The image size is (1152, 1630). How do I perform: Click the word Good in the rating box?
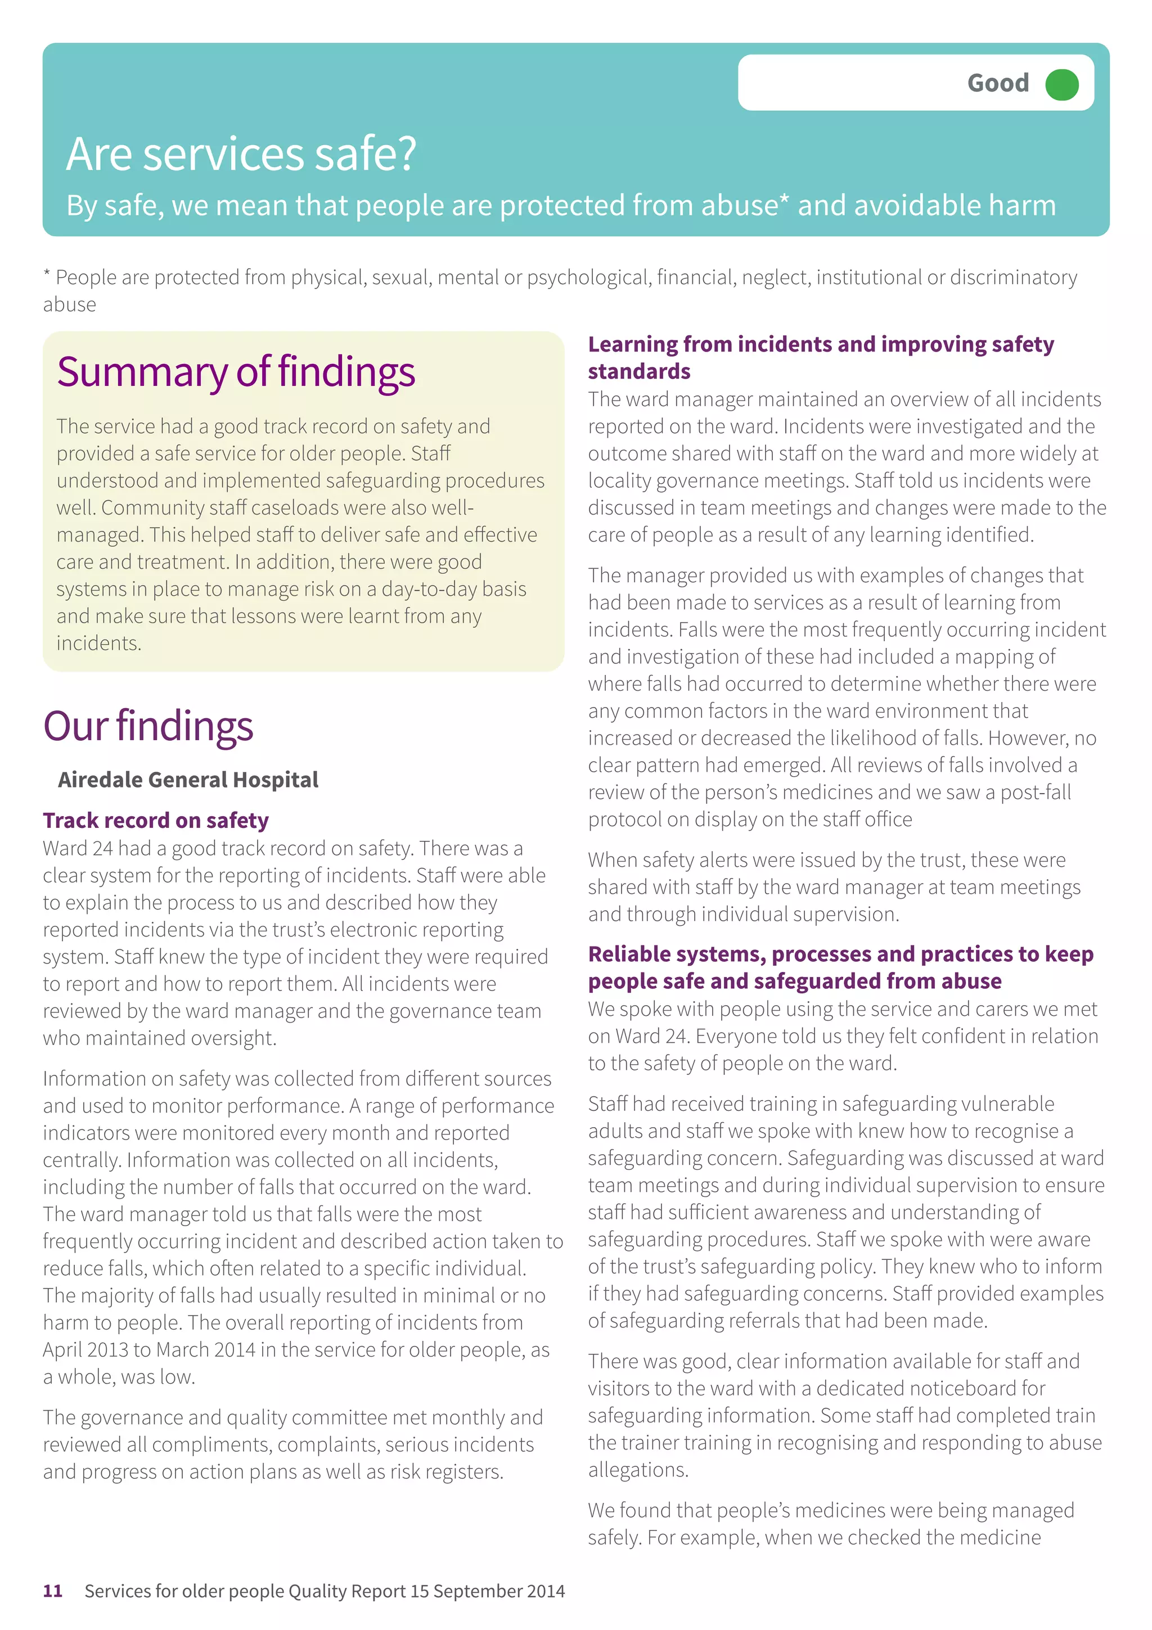point(997,83)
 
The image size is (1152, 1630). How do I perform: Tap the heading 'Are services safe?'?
point(241,154)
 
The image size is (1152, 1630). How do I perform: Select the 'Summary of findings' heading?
point(236,372)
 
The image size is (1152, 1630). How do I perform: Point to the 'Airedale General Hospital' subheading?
point(188,780)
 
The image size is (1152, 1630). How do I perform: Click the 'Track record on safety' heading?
point(155,820)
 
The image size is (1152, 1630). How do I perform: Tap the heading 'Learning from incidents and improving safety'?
point(821,344)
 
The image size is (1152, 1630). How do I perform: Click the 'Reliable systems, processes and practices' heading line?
point(840,954)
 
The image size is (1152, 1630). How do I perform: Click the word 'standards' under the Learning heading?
point(639,371)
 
